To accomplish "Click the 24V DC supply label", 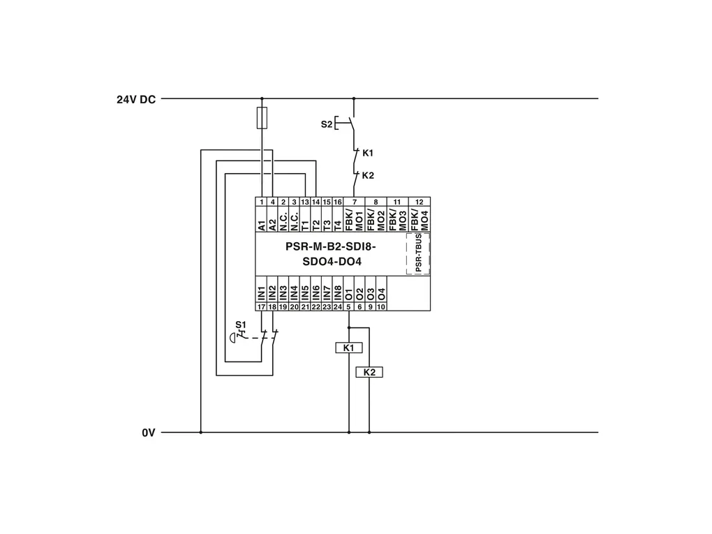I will pyautogui.click(x=136, y=99).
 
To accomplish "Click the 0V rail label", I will pyautogui.click(x=148, y=433).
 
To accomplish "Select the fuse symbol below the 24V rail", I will pyautogui.click(x=262, y=118).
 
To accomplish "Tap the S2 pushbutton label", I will pyautogui.click(x=327, y=124).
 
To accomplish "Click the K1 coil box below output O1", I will pyautogui.click(x=349, y=348).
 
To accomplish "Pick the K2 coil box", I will pyautogui.click(x=369, y=373).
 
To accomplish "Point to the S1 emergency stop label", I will pyautogui.click(x=241, y=325).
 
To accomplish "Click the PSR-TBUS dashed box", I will pyautogui.click(x=418, y=254).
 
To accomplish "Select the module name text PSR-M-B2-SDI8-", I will pyautogui.click(x=331, y=246).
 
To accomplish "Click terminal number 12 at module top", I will pyautogui.click(x=419, y=202).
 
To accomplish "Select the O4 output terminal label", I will pyautogui.click(x=381, y=292).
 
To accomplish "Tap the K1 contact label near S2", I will pyautogui.click(x=369, y=152).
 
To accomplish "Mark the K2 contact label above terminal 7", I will pyautogui.click(x=369, y=175).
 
